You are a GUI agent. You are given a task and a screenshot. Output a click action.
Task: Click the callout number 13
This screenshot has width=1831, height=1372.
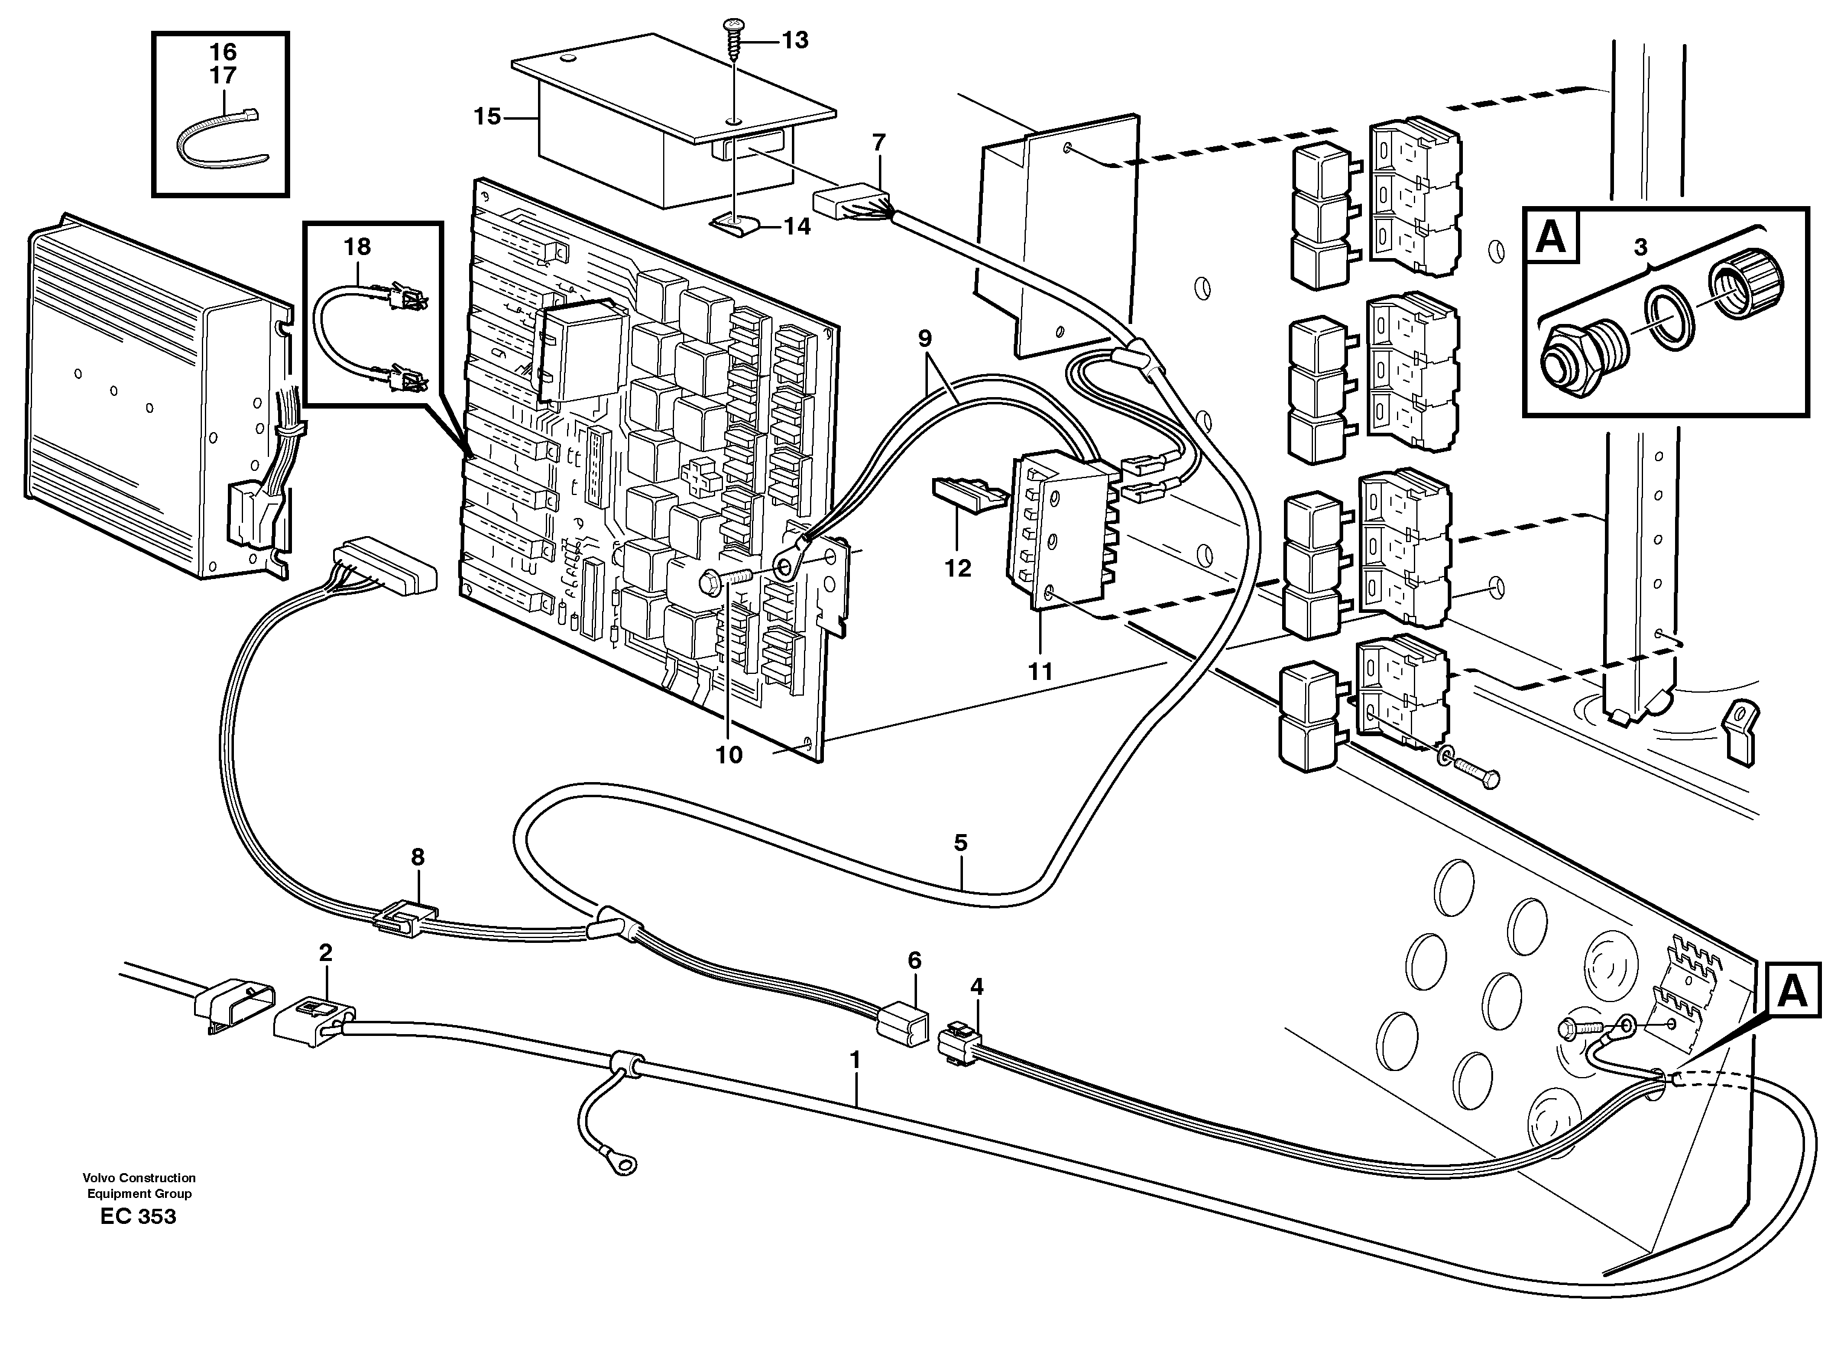pyautogui.click(x=795, y=40)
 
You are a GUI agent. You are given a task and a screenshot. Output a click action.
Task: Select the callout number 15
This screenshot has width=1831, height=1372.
pyautogui.click(x=487, y=117)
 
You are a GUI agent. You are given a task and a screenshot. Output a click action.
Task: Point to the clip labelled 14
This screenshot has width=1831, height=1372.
pyautogui.click(x=733, y=224)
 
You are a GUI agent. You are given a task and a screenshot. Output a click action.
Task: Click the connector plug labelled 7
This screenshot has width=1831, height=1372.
pyautogui.click(x=849, y=202)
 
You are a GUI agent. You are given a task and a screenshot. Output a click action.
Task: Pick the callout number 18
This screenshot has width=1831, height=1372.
pyautogui.click(x=358, y=247)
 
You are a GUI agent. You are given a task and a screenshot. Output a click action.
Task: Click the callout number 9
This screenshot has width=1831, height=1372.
pyautogui.click(x=925, y=338)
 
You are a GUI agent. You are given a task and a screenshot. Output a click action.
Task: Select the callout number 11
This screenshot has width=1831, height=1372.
pyautogui.click(x=1040, y=670)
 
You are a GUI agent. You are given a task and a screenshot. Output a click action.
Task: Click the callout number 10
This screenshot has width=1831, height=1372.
pyautogui.click(x=729, y=755)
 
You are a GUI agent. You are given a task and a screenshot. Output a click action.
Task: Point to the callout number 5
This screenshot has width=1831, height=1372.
pyautogui.click(x=960, y=843)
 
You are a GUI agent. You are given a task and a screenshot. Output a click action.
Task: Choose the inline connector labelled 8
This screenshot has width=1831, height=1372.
pyautogui.click(x=406, y=917)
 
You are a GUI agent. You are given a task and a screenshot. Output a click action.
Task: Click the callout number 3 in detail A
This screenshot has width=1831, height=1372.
pyautogui.click(x=1640, y=247)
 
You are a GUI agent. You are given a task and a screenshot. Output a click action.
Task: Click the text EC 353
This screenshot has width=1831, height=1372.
pyautogui.click(x=138, y=1217)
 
